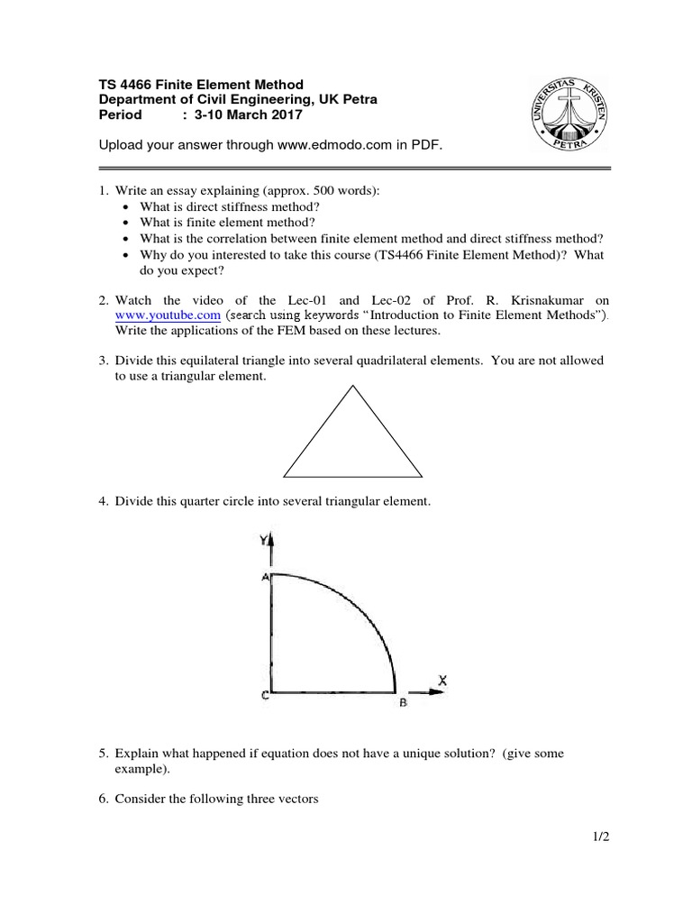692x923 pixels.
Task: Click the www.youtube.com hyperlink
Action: [168, 315]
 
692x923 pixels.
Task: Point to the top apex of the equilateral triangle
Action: [353, 386]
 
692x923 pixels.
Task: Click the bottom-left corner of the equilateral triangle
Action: [285, 475]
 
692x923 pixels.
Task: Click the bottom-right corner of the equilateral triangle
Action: [422, 475]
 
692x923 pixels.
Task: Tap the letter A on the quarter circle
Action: [265, 578]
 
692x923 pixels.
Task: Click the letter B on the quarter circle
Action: [403, 704]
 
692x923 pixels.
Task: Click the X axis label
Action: [442, 678]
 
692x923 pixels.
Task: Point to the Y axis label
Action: [262, 540]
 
